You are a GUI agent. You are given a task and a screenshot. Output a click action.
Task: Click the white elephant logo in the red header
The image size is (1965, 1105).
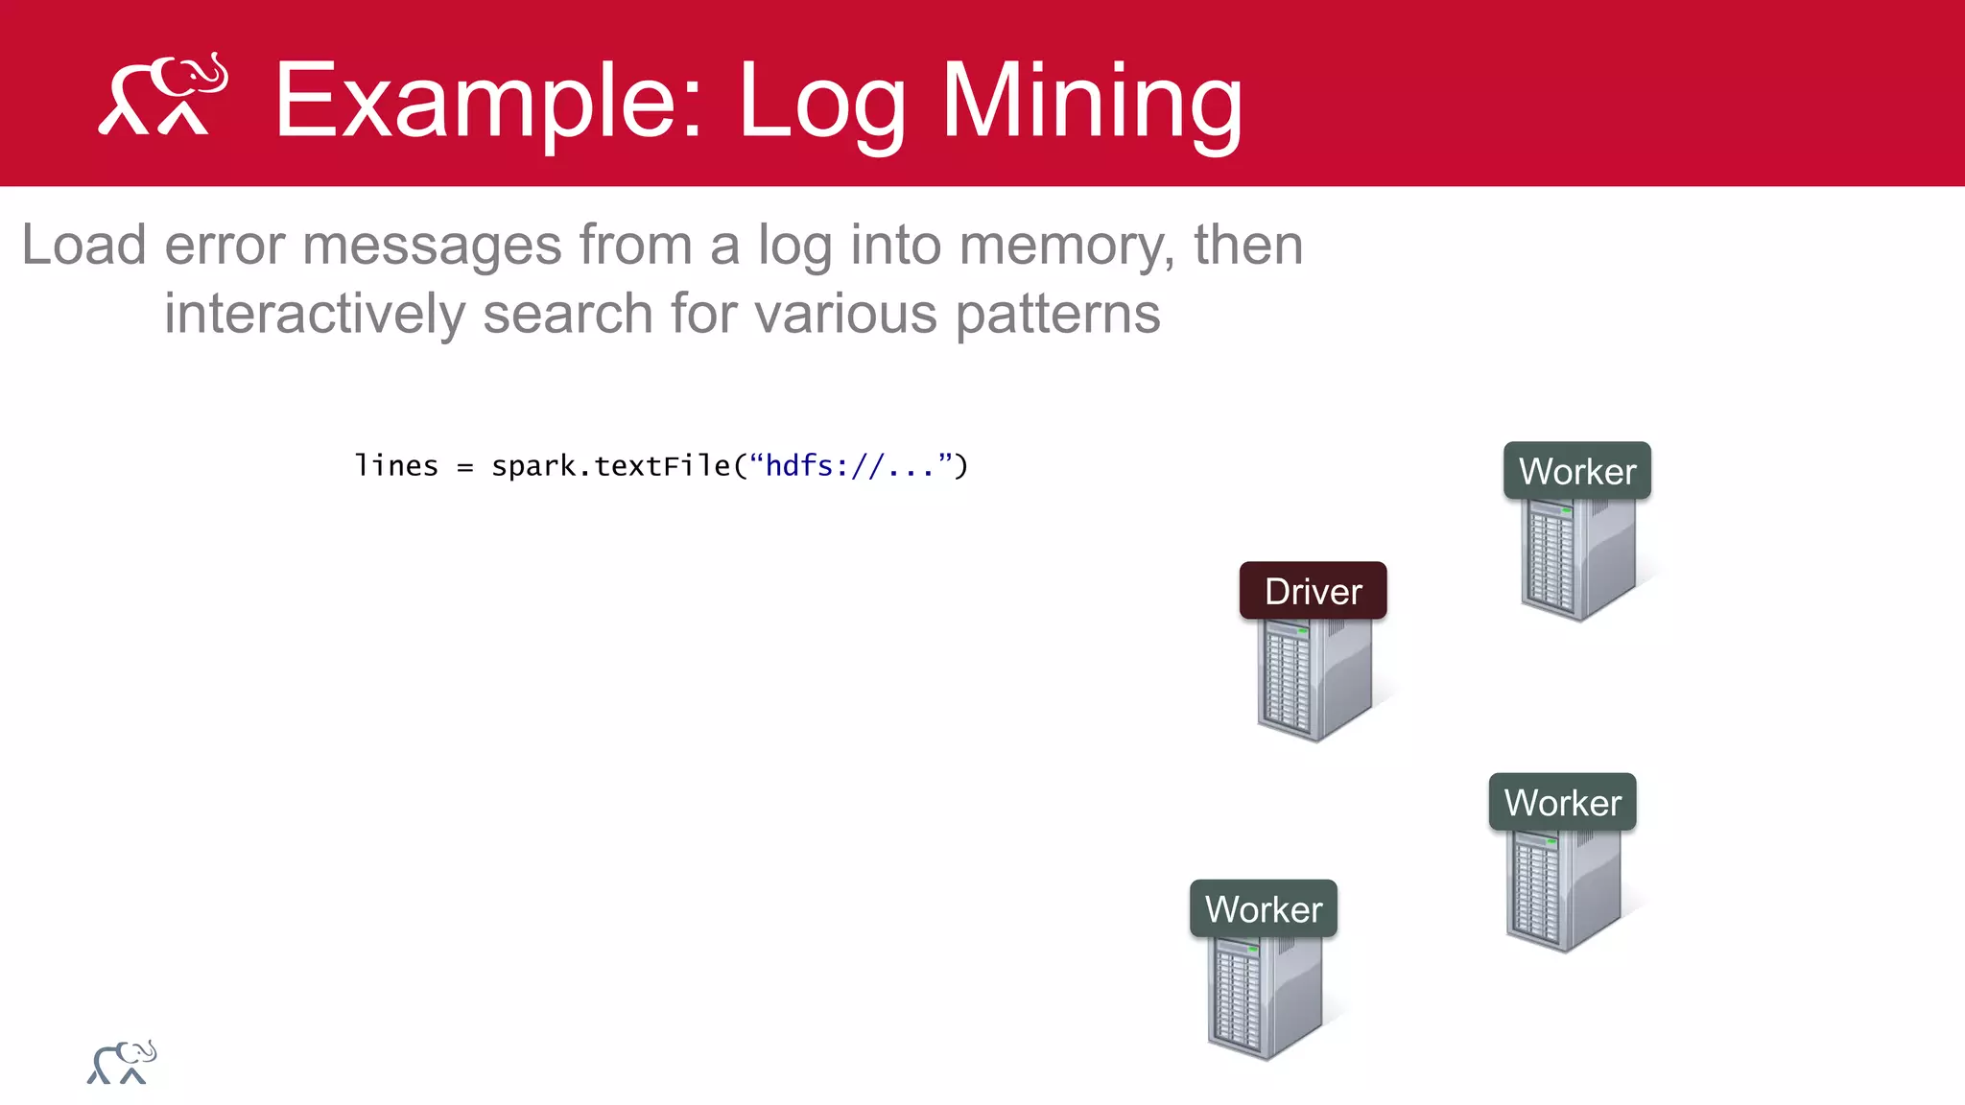pyautogui.click(x=163, y=94)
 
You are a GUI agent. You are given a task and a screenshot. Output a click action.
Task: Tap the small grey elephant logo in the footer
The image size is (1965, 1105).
pyautogui.click(x=122, y=1063)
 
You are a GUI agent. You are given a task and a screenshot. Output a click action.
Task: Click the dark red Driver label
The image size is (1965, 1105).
pyautogui.click(x=1313, y=591)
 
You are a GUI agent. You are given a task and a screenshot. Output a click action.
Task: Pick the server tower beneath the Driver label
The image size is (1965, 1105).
pyautogui.click(x=1314, y=679)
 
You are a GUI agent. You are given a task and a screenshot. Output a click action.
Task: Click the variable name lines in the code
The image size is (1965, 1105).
pyautogui.click(x=396, y=466)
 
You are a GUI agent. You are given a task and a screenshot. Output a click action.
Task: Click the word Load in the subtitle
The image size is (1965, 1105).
pyautogui.click(x=83, y=245)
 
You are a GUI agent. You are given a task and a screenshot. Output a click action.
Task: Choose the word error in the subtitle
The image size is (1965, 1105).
pyautogui.click(x=225, y=247)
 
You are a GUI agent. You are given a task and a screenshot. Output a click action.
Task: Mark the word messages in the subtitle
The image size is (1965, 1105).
pyautogui.click(x=432, y=247)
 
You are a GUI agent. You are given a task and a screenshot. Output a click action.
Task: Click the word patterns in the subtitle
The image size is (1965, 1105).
pyautogui.click(x=1057, y=316)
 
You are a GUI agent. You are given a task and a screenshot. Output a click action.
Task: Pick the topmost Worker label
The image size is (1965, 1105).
pyautogui.click(x=1577, y=471)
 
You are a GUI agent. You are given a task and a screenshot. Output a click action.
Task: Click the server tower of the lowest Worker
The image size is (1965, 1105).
pyautogui.click(x=1265, y=998)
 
